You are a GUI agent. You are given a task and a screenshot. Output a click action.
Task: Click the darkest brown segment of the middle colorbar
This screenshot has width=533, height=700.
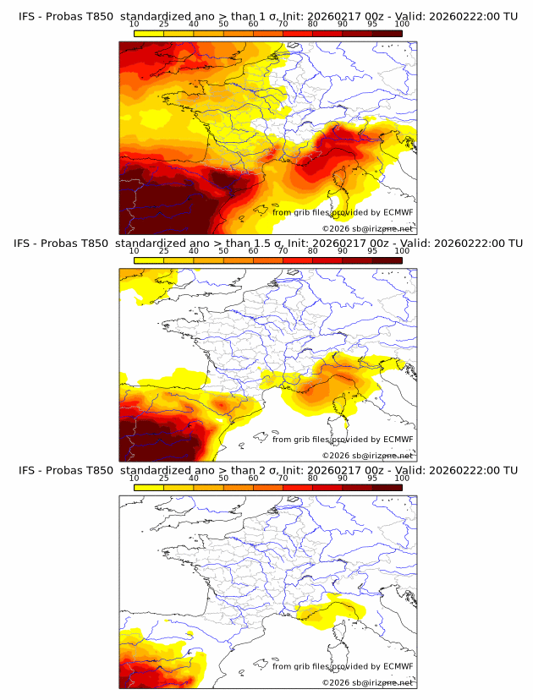pyautogui.click(x=387, y=260)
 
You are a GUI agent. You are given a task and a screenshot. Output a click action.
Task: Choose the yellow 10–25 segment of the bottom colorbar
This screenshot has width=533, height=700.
pyautogui.click(x=149, y=487)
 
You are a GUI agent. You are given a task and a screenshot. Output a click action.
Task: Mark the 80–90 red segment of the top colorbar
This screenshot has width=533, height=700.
pyautogui.click(x=327, y=34)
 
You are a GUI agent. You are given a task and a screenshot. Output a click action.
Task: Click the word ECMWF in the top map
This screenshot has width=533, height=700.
pyautogui.click(x=398, y=212)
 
